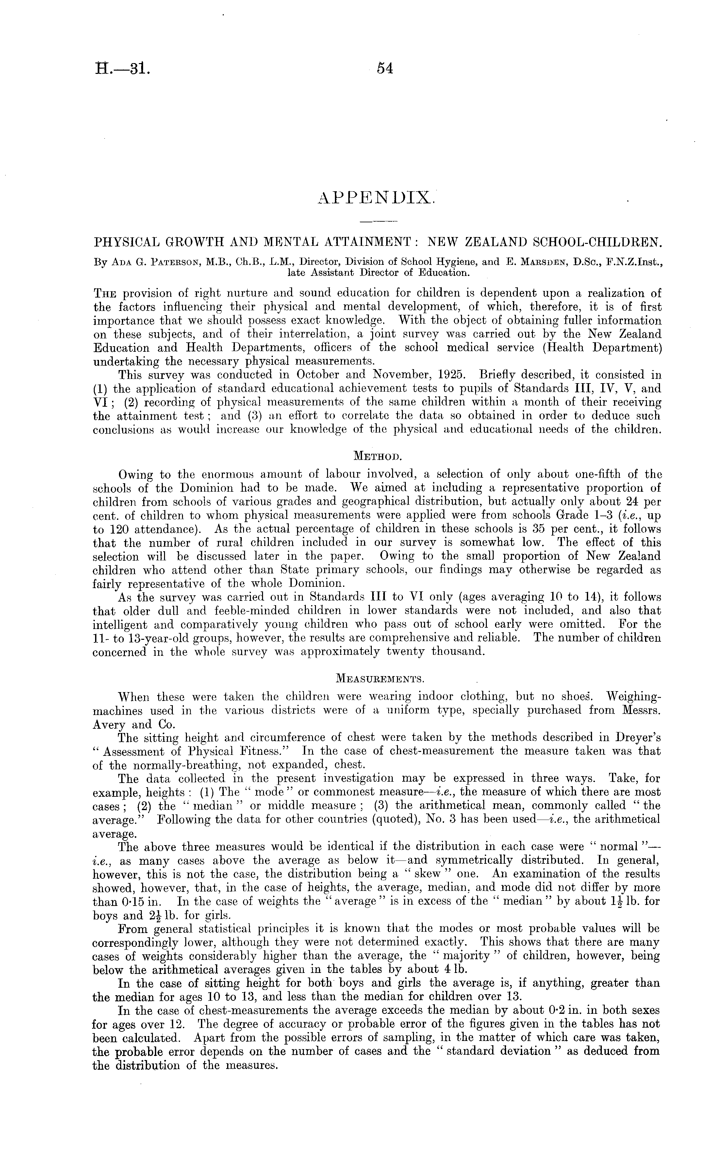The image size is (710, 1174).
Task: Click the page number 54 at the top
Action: pyautogui.click(x=384, y=69)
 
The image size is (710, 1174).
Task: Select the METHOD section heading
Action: pyautogui.click(x=378, y=456)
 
